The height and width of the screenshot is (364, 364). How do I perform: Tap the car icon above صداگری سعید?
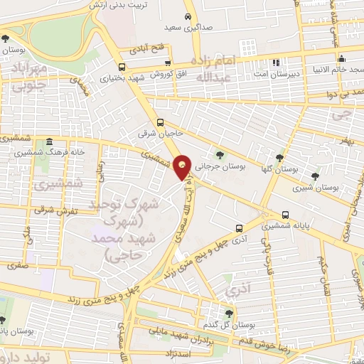pos(187,16)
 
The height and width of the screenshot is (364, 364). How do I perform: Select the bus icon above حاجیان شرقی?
pos(161,122)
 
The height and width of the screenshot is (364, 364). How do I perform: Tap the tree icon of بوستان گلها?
pos(279,158)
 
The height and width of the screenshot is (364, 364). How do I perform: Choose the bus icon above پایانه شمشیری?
pos(285,214)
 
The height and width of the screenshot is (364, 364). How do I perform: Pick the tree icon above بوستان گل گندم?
pos(228,312)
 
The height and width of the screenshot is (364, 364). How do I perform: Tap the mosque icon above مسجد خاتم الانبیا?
pos(341,59)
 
